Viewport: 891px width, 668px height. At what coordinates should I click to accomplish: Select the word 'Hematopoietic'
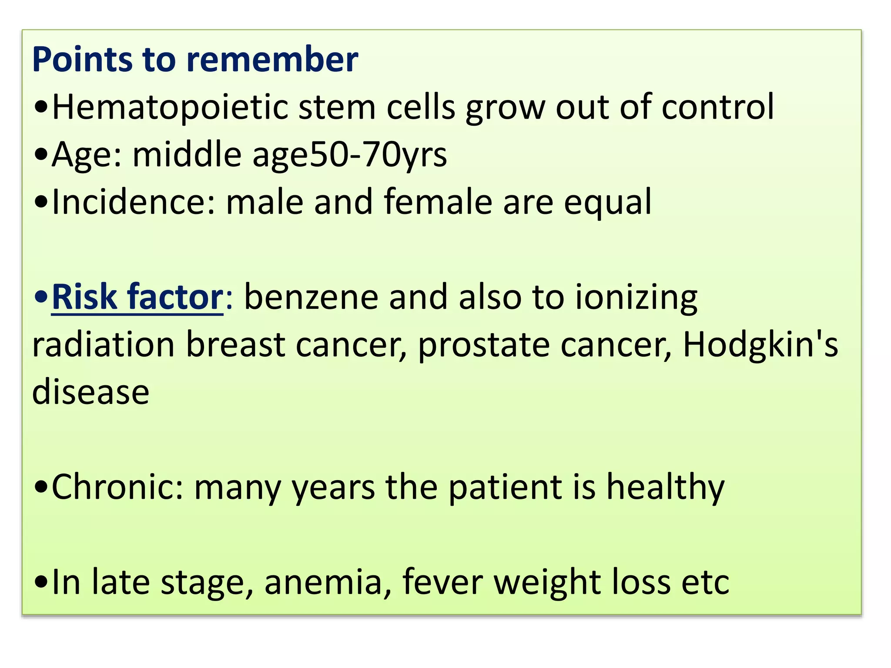coord(170,107)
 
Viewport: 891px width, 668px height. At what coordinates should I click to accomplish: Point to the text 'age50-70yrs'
coord(349,155)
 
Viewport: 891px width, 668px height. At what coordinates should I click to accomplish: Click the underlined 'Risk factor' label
coord(137,297)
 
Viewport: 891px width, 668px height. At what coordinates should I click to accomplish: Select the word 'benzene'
coord(311,297)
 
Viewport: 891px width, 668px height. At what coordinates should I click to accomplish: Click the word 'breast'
coord(235,344)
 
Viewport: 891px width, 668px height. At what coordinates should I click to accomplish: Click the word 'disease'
coord(91,392)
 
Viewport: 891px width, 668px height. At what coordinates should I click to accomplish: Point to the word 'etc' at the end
coord(705,582)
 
